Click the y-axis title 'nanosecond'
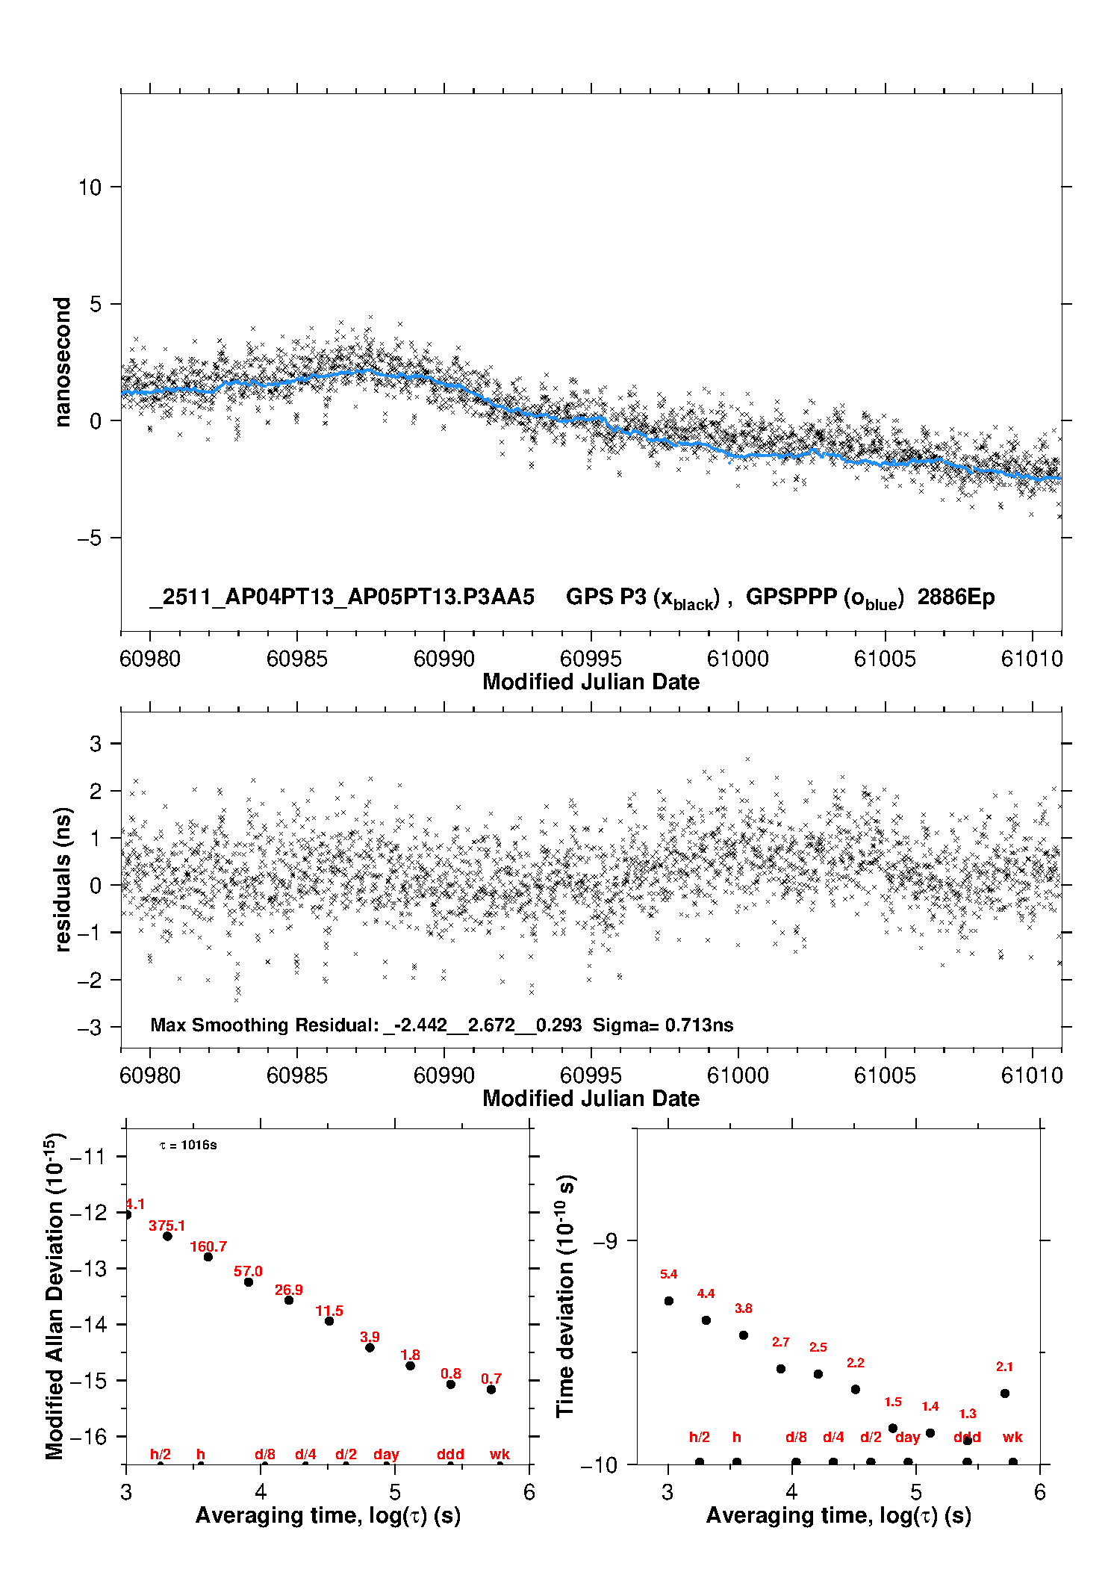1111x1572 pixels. click(62, 362)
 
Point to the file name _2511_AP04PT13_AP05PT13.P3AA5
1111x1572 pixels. click(342, 597)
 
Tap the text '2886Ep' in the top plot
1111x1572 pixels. click(956, 597)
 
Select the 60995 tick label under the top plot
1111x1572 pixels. click(591, 659)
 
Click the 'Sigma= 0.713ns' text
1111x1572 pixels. click(663, 1025)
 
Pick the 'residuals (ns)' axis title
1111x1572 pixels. click(62, 880)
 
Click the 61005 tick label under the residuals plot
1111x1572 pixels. click(885, 1076)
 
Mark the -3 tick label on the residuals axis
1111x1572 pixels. click(90, 1028)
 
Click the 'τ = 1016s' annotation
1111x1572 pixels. click(188, 1146)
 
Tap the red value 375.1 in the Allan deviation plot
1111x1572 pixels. click(167, 1226)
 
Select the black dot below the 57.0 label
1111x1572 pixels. click(249, 1282)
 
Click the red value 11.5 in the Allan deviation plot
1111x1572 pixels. click(329, 1311)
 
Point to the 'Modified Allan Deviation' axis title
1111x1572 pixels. click(55, 1296)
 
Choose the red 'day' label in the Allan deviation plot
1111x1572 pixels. click(386, 1455)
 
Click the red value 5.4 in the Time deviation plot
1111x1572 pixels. click(668, 1275)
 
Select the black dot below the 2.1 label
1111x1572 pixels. click(1005, 1394)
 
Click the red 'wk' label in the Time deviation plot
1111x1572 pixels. click(1012, 1438)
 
